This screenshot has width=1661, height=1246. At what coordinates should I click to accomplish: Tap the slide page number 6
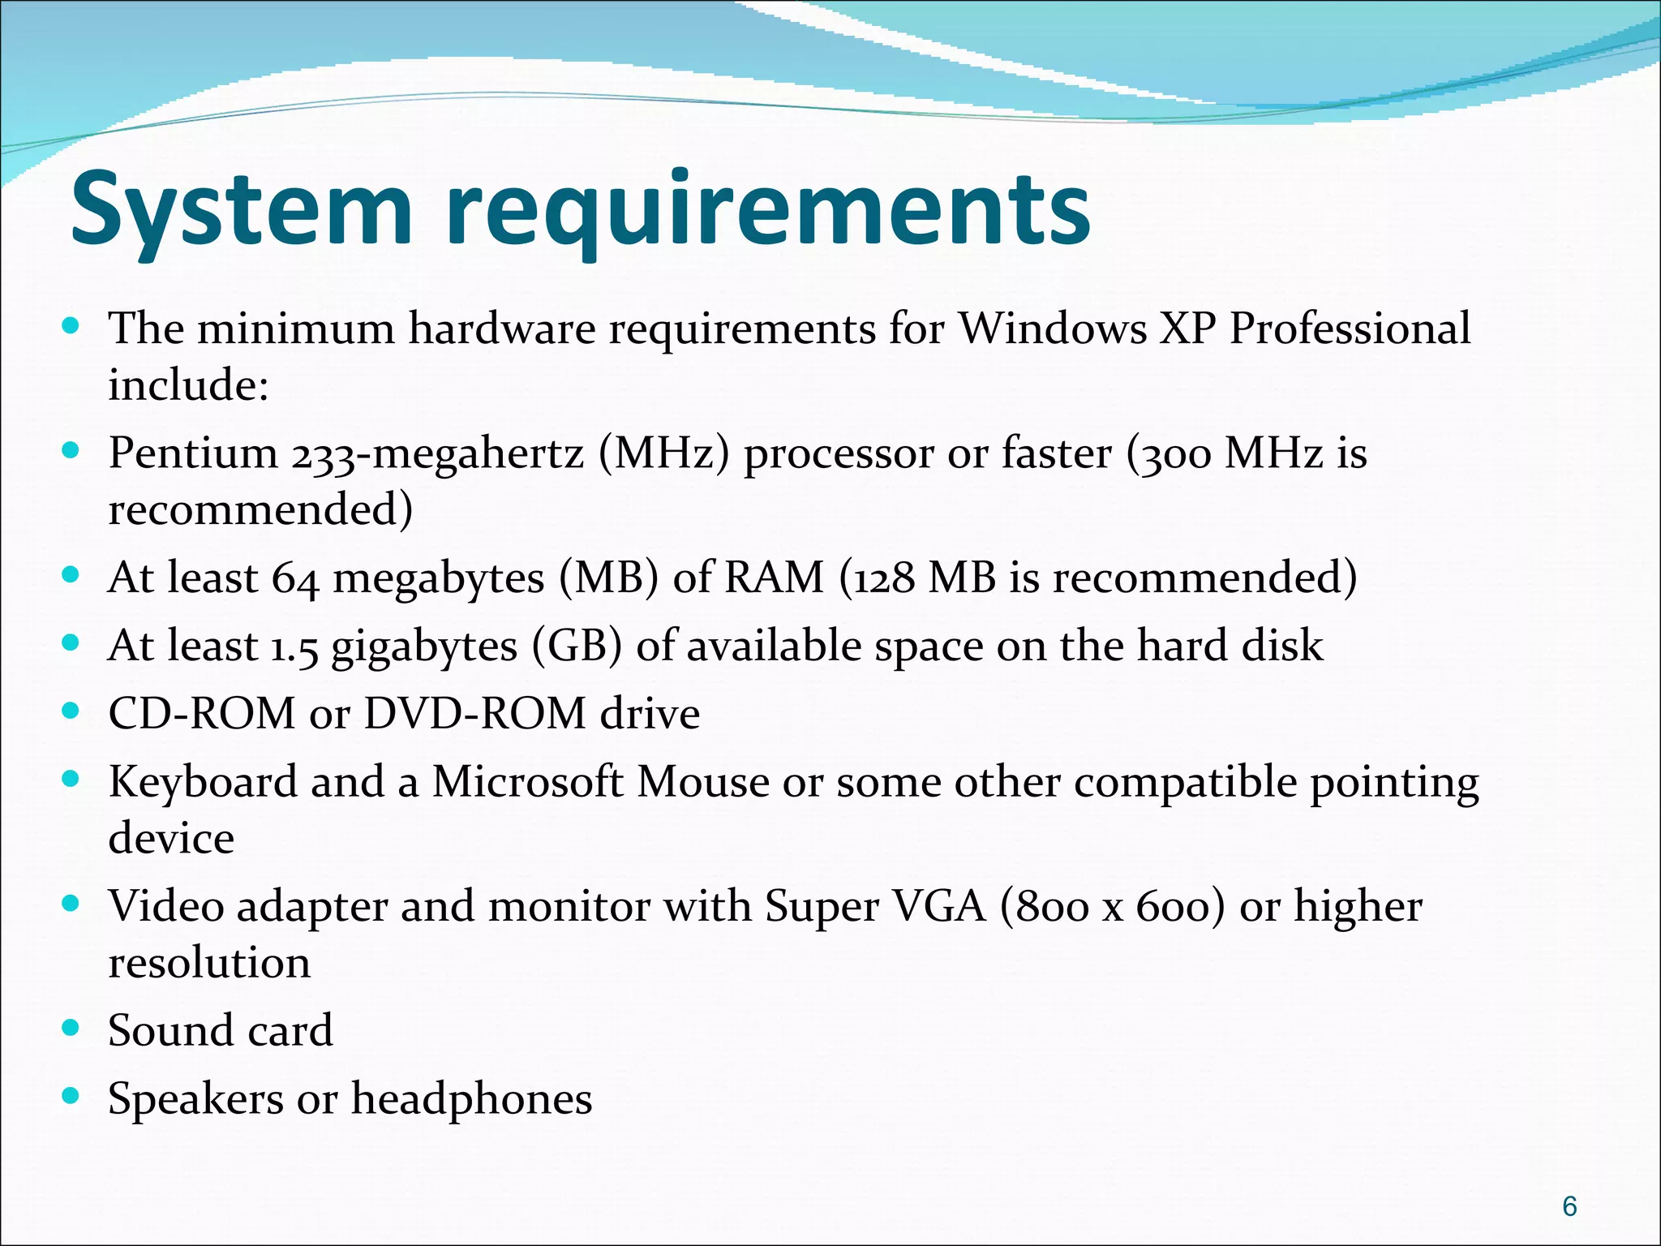[x=1569, y=1206]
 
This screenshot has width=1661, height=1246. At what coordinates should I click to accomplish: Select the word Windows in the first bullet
[x=1054, y=329]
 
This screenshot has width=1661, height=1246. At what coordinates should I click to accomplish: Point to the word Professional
[x=1350, y=329]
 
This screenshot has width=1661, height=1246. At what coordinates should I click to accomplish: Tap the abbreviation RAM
[x=773, y=578]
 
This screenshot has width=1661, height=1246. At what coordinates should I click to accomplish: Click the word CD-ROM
[x=201, y=714]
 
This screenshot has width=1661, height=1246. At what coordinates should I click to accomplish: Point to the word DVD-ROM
[x=474, y=714]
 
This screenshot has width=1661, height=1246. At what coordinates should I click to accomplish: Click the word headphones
[x=471, y=1099]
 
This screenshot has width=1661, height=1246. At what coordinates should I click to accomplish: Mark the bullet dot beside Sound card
[x=71, y=1029]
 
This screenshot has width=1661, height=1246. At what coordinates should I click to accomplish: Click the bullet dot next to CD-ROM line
[x=71, y=711]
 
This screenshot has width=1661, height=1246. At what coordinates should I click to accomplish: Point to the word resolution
[x=209, y=963]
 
